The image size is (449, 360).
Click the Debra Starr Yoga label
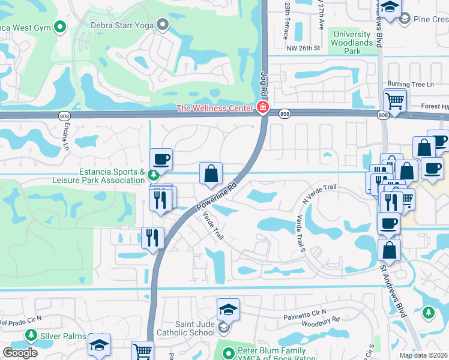(x=122, y=25)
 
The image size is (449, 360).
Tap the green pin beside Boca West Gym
(x=59, y=26)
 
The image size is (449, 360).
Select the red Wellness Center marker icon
(x=262, y=108)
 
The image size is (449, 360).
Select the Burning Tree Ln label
(x=410, y=85)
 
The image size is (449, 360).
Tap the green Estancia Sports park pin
(x=154, y=175)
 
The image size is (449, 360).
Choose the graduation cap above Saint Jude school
(x=228, y=310)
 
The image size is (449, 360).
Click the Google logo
(x=20, y=353)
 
